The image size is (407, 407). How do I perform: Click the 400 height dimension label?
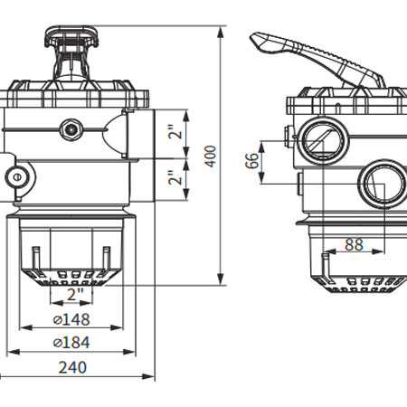[211, 156]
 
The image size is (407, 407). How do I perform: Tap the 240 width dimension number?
[72, 367]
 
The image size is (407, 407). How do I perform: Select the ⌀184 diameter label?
[71, 343]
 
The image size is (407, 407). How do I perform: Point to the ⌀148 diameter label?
[71, 319]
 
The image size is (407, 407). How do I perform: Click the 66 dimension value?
[252, 161]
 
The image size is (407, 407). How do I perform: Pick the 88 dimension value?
[354, 245]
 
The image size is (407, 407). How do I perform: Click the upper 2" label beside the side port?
[175, 131]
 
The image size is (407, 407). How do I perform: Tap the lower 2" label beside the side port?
[175, 177]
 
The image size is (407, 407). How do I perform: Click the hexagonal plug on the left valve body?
[71, 129]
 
